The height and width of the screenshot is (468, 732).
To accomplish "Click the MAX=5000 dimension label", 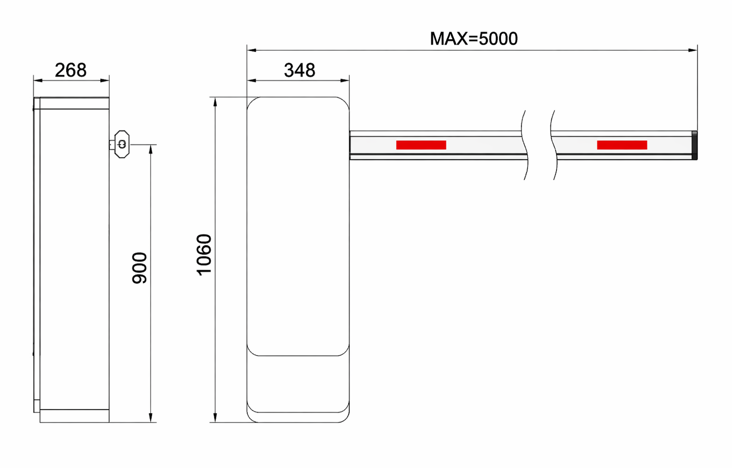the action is pos(473,39).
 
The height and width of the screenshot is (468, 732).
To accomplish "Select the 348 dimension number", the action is pos(299,70).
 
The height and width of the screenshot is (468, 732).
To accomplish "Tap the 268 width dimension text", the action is pos(70,70).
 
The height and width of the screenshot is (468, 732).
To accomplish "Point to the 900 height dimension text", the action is pos(140,268).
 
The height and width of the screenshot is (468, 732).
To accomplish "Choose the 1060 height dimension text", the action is pos(204,255).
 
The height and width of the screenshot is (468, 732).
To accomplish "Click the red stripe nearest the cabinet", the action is pos(421,145).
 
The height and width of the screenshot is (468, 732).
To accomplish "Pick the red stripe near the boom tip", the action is pos(622,145).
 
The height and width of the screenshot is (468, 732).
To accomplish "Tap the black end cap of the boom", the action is pos(695,145).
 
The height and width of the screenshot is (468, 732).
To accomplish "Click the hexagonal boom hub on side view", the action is pos(122,144).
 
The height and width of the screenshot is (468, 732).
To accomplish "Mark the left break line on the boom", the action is pos(525,145).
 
